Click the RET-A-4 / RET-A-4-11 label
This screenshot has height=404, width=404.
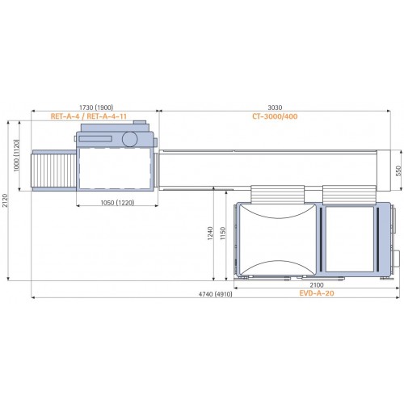pos(89,116)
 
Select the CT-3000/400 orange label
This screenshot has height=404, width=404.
pos(275,116)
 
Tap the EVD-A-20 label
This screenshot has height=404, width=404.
pos(317,293)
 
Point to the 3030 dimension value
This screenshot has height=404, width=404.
pos(275,107)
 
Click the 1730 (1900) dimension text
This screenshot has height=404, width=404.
pos(96,107)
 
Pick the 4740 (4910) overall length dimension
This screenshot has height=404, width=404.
pos(215,294)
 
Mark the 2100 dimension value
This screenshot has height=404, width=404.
pos(317,285)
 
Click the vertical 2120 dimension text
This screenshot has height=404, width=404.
pos(6,200)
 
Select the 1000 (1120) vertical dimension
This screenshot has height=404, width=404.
pos(16,155)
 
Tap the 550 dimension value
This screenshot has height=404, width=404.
pos(398,170)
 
